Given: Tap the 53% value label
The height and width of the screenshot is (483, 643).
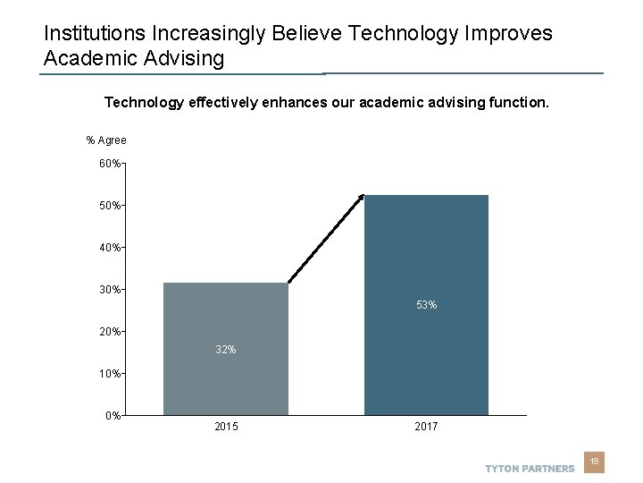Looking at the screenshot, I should click(x=426, y=305).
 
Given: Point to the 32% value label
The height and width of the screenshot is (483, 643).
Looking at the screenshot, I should click(x=226, y=350).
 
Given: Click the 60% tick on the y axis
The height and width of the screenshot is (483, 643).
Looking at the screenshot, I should click(x=111, y=164).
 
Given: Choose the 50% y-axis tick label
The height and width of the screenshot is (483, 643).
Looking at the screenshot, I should click(x=111, y=206).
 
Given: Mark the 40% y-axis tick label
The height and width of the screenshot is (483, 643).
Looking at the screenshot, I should click(x=111, y=248).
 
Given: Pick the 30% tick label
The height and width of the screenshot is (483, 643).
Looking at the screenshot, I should click(x=111, y=290).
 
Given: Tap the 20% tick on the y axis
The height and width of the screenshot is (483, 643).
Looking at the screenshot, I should click(x=111, y=332).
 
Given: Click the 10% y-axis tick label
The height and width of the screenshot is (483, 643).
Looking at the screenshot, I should click(x=111, y=374).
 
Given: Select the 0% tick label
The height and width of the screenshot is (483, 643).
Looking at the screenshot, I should click(x=113, y=416).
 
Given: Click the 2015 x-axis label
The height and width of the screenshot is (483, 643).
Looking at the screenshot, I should click(x=226, y=428).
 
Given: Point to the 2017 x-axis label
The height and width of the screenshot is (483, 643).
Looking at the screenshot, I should click(x=426, y=428).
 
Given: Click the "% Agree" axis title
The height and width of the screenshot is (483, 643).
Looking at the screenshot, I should click(x=106, y=140).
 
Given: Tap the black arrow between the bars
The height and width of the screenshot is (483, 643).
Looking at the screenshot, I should click(x=326, y=239).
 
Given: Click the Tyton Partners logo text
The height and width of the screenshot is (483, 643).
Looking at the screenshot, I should click(x=530, y=469).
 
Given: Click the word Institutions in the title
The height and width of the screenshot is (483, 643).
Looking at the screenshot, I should click(x=96, y=34).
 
